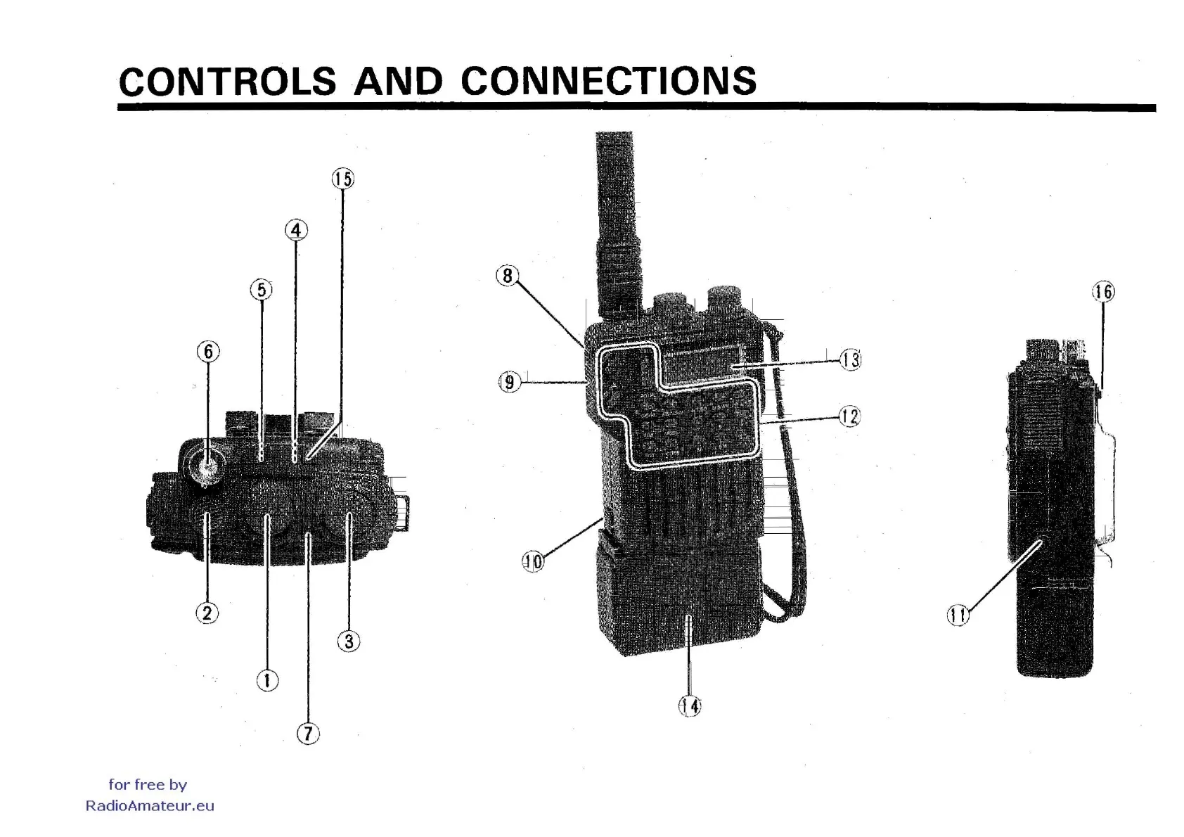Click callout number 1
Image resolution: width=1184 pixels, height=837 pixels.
coord(266,680)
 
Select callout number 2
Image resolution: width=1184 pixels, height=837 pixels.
coord(207,613)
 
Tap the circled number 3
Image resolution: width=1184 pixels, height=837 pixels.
coord(349,641)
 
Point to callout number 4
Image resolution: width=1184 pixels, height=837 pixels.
coord(296,230)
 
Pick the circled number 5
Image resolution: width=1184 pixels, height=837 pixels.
coord(261,289)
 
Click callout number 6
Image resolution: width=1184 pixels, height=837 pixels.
coord(208,351)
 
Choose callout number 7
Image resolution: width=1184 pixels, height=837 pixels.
coord(308,734)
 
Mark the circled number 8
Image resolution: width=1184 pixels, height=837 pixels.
coord(508,276)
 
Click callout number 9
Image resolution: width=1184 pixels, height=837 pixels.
coord(509,382)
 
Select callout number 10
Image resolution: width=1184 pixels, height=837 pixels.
coord(533,561)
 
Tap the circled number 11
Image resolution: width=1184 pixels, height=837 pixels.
coord(958,615)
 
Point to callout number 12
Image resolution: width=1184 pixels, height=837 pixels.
coord(849,416)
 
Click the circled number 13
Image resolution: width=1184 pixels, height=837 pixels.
coord(850,360)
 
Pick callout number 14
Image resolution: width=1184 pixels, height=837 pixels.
coord(690,705)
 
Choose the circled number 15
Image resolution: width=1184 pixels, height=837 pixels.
coord(342,179)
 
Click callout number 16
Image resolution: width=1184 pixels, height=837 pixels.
coord(1103,291)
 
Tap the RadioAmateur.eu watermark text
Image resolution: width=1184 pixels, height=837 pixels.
coord(150,806)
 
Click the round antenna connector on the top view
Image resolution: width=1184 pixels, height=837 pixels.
coord(205,464)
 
